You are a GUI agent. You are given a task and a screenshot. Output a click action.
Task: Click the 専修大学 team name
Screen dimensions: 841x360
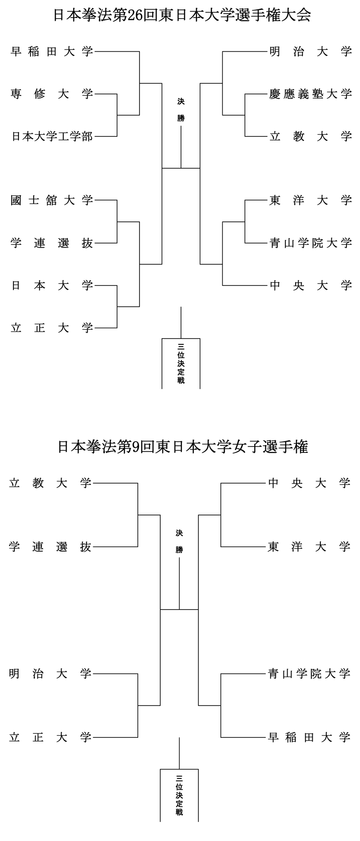pos(52,94)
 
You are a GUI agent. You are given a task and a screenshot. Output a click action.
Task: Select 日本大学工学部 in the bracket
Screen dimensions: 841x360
pos(52,136)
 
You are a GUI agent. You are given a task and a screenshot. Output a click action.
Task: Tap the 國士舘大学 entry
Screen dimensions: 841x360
pos(52,200)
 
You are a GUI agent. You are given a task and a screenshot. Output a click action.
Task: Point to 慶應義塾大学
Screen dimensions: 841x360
pos(310,94)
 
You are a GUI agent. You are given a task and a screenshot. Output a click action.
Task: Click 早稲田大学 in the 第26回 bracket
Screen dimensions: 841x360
pos(52,52)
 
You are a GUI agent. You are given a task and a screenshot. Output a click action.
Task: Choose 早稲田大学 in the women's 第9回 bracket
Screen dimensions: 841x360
pos(309,737)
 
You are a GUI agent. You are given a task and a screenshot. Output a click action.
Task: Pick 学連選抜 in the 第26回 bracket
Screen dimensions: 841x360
pos(52,243)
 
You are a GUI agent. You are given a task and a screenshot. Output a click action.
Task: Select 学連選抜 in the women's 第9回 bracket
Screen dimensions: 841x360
pos(50,547)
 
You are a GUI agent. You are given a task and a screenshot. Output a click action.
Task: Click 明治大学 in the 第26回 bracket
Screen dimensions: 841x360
pos(310,52)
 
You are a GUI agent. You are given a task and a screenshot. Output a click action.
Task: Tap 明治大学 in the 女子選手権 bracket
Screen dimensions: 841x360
pos(50,674)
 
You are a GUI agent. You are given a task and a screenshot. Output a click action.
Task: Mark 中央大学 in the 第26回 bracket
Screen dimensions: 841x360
pos(310,285)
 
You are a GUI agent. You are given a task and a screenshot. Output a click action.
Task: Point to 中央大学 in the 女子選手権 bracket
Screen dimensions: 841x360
pos(309,484)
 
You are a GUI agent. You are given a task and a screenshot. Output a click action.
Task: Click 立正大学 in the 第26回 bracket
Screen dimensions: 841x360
pos(52,328)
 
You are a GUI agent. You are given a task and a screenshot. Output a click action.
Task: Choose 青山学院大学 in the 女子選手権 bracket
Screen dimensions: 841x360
pos(309,674)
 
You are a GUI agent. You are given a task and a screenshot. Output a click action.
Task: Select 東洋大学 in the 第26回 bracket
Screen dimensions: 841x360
pos(310,200)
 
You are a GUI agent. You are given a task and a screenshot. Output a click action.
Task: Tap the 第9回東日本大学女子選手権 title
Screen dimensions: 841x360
pos(183,447)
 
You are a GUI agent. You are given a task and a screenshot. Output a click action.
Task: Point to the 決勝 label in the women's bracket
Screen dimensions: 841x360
pos(179,542)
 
